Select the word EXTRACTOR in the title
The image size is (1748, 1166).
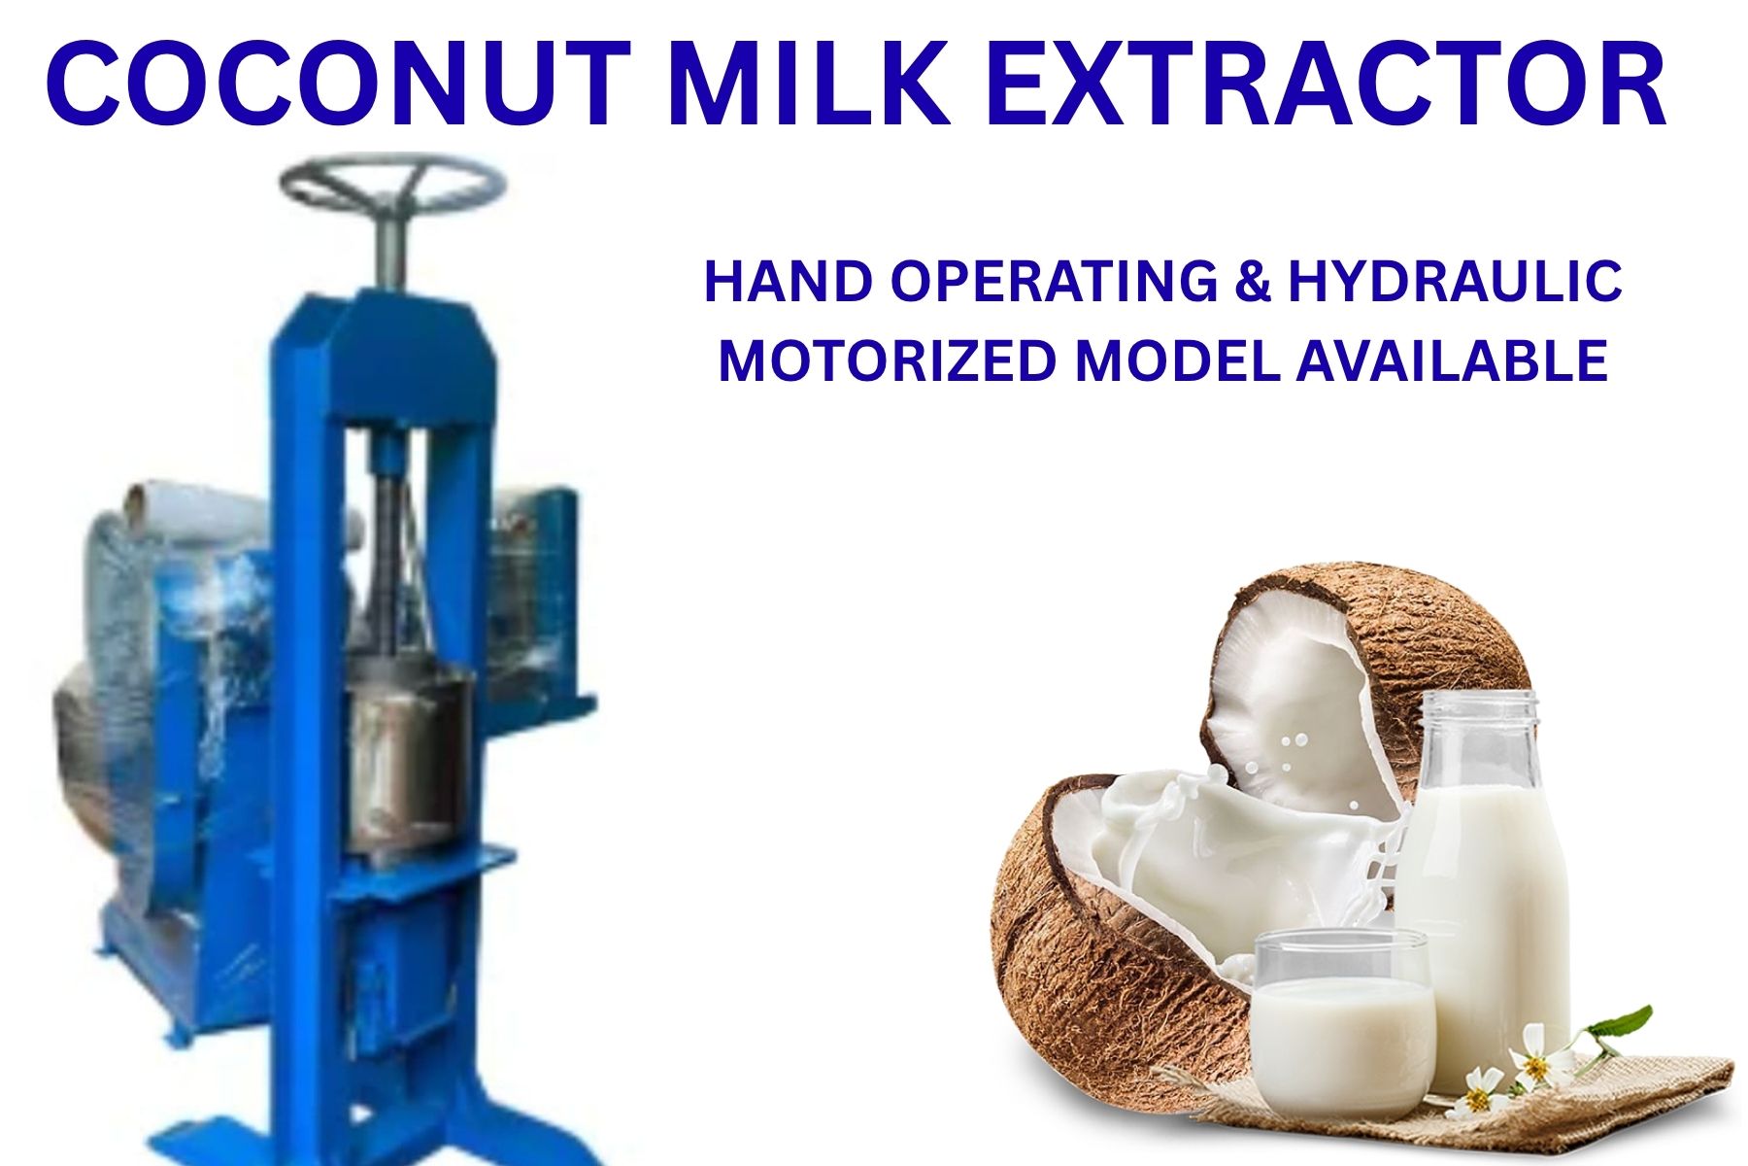tap(1328, 86)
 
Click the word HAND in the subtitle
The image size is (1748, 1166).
tap(788, 282)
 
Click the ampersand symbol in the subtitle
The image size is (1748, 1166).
tap(1253, 282)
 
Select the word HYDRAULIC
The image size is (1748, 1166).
tap(1454, 282)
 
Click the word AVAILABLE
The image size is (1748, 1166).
tap(1452, 361)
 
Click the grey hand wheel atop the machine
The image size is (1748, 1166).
tap(393, 185)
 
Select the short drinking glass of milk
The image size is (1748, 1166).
tap(1341, 1011)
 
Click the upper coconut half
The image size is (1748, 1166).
tap(1360, 680)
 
